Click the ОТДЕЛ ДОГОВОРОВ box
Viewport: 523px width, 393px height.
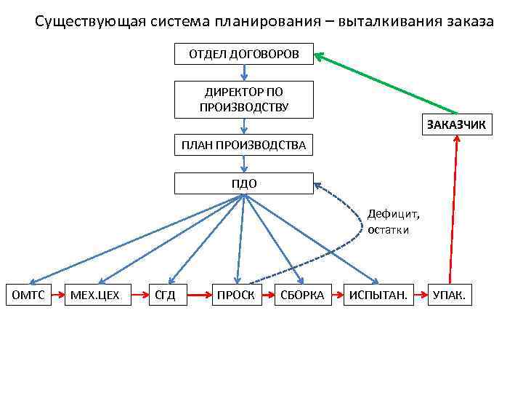point(244,55)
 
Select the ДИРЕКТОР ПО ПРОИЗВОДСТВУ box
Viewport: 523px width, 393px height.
point(244,100)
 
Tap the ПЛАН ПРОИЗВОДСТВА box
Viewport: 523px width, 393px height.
point(244,146)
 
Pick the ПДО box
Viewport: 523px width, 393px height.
point(244,183)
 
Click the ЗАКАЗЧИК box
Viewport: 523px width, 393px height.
point(456,124)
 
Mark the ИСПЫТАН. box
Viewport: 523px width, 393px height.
point(378,295)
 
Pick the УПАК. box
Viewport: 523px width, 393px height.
point(450,295)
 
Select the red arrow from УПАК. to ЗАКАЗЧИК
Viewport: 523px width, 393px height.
point(454,211)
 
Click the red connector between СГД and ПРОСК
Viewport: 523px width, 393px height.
point(199,295)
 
